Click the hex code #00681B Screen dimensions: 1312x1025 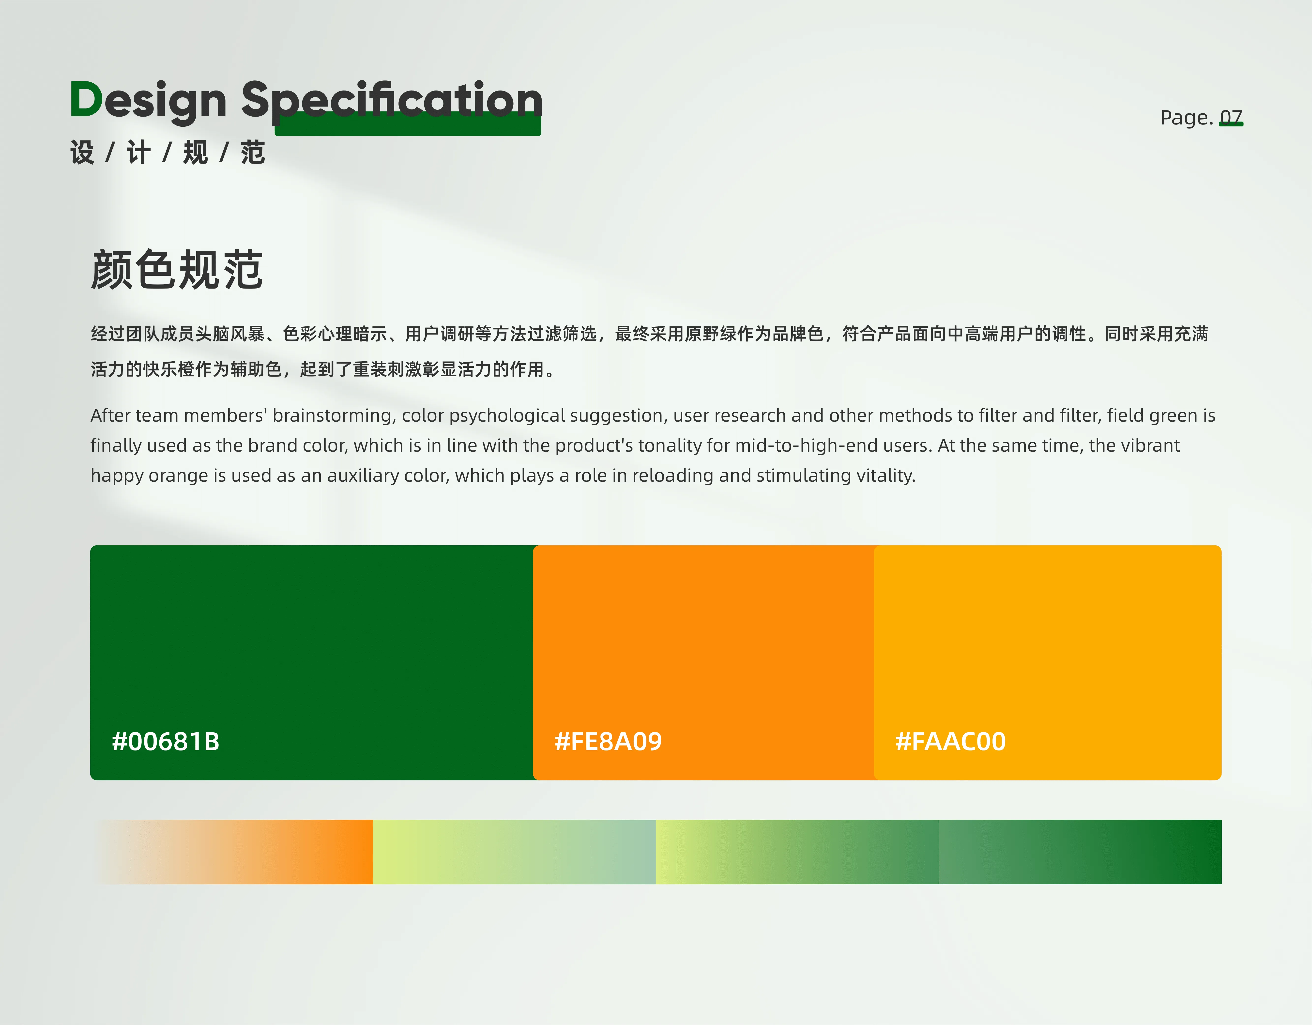click(x=166, y=741)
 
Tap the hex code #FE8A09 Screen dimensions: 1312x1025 click(x=608, y=741)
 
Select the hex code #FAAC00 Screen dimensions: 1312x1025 click(x=950, y=741)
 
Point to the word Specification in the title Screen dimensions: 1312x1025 click(x=392, y=102)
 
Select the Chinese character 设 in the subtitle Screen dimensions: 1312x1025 click(x=82, y=153)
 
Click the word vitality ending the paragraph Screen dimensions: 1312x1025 click(x=886, y=476)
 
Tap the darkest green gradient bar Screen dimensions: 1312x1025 click(x=1080, y=852)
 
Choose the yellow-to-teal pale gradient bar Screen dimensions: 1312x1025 click(x=514, y=852)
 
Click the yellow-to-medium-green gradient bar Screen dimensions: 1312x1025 click(x=797, y=852)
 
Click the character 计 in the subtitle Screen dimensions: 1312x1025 click(x=139, y=153)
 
